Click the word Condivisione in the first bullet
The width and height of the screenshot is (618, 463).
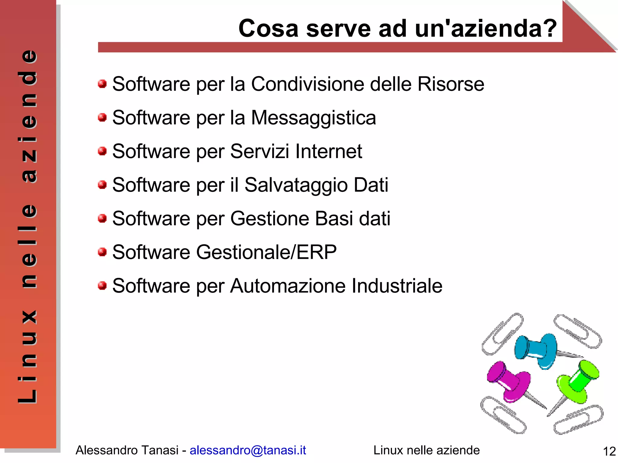(307, 84)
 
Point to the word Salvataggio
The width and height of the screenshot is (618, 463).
(296, 185)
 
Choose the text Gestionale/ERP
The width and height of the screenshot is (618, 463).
(266, 252)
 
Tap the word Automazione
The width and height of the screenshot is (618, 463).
(288, 286)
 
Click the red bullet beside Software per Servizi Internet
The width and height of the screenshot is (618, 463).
(102, 151)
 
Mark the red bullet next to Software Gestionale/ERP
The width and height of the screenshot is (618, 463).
(102, 252)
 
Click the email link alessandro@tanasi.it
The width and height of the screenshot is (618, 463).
(247, 450)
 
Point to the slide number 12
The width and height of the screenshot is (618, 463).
(609, 451)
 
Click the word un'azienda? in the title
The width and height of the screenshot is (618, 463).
(486, 28)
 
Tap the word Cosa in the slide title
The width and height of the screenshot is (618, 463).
(268, 28)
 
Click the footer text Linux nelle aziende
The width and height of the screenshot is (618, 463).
(426, 450)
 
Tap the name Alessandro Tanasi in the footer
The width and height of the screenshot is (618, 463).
(127, 450)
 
